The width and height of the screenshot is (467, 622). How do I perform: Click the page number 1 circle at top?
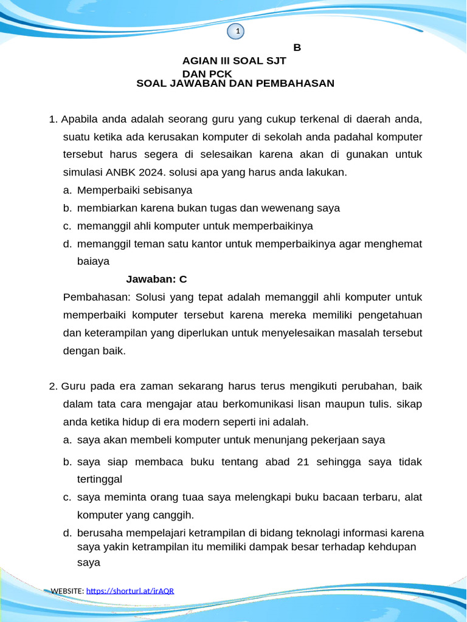237,31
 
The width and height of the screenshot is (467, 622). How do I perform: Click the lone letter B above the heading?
297,48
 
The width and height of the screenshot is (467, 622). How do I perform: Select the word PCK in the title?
220,73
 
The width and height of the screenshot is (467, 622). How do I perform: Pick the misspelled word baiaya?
93,262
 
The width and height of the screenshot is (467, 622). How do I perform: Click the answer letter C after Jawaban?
183,279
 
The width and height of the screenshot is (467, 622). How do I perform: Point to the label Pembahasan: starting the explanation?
97,298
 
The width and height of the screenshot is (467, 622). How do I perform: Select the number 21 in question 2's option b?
303,462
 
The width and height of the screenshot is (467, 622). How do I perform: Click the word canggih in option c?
175,515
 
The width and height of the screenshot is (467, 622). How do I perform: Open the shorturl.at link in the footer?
130,591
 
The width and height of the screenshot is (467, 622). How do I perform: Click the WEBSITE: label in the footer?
67,591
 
